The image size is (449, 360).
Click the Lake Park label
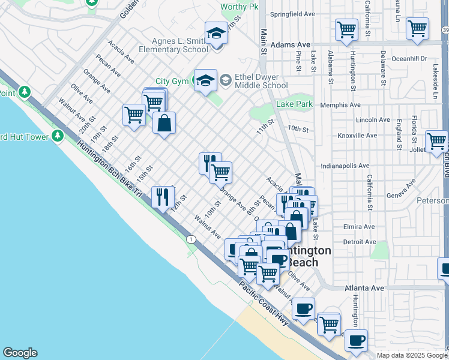[294, 104]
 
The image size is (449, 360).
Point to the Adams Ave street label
[290, 44]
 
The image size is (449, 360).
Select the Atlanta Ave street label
[364, 288]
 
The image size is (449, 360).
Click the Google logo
[20, 353]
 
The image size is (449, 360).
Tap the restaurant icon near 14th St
[163, 196]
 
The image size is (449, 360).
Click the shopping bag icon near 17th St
[164, 123]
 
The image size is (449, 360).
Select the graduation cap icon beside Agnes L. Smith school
[216, 34]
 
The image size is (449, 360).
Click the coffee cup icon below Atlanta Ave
[304, 308]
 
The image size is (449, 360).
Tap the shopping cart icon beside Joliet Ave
[436, 141]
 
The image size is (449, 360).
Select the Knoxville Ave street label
[357, 136]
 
